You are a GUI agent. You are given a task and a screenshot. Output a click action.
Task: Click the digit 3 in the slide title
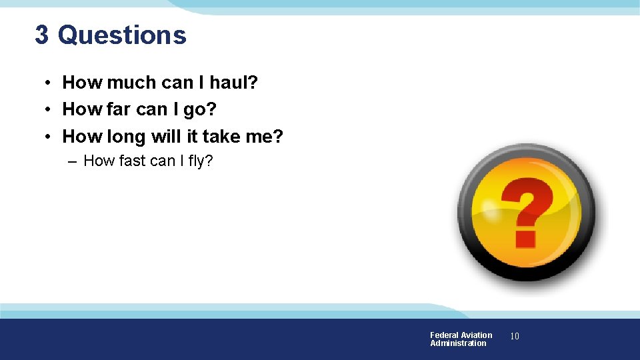click(41, 35)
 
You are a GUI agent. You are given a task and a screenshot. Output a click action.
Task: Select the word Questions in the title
click(122, 35)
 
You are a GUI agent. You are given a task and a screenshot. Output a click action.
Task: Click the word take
click(216, 137)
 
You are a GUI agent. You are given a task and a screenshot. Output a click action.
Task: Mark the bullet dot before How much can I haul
click(49, 83)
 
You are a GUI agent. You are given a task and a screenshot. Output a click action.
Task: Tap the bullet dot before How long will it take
click(49, 137)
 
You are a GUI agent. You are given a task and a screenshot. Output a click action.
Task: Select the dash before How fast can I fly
click(71, 161)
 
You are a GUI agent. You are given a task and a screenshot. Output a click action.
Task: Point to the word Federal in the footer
click(445, 335)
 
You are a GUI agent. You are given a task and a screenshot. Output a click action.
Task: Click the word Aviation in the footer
click(477, 335)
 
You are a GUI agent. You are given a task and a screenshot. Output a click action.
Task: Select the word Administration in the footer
click(458, 343)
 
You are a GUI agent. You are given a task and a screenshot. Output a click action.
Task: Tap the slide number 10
click(515, 337)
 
